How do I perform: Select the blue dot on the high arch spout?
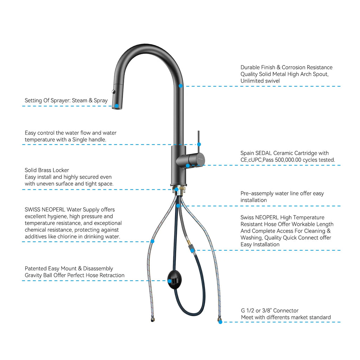point(180,85)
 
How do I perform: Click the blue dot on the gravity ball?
point(170,281)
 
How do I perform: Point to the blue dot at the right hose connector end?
point(220,322)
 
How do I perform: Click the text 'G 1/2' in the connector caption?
point(248,310)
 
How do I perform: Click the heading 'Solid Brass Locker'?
point(47,170)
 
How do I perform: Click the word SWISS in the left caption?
point(33,210)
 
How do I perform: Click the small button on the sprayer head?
point(113,91)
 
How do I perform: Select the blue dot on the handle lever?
point(199,144)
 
